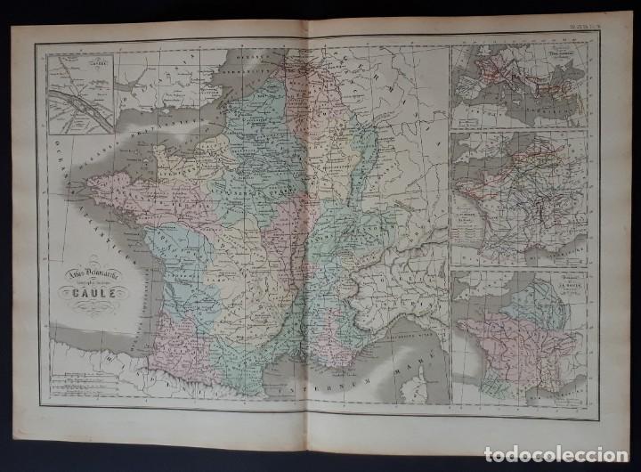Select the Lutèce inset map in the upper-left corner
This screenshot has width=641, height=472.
click(78, 89)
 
